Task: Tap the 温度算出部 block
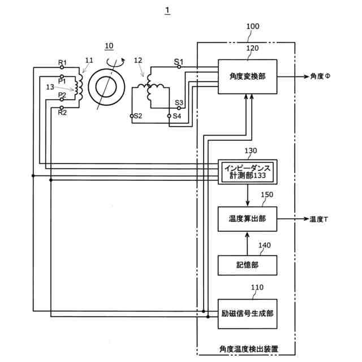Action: (247, 219)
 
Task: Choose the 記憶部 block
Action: (247, 265)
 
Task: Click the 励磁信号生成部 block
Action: (247, 313)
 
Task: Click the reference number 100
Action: (254, 27)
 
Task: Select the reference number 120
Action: (253, 48)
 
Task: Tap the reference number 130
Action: (251, 151)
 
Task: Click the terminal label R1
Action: (63, 62)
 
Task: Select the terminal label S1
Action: (178, 61)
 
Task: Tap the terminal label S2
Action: (137, 116)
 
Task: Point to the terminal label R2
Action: (63, 112)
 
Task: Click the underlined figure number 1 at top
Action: (167, 10)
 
